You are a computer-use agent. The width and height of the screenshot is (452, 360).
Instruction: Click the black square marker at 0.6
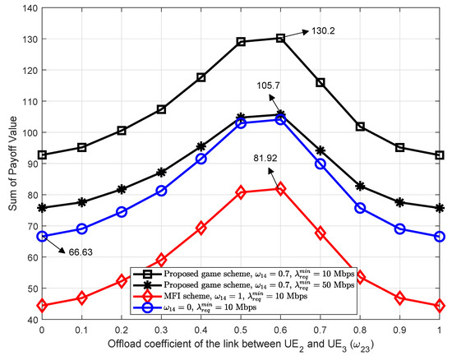[x=281, y=38]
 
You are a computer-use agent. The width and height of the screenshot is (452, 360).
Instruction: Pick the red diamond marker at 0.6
[x=281, y=189]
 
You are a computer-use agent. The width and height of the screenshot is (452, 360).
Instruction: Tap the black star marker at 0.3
[x=162, y=173]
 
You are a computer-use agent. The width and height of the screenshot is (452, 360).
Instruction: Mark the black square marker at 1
[x=440, y=155]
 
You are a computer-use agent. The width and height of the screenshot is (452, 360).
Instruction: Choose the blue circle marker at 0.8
[x=361, y=208]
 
